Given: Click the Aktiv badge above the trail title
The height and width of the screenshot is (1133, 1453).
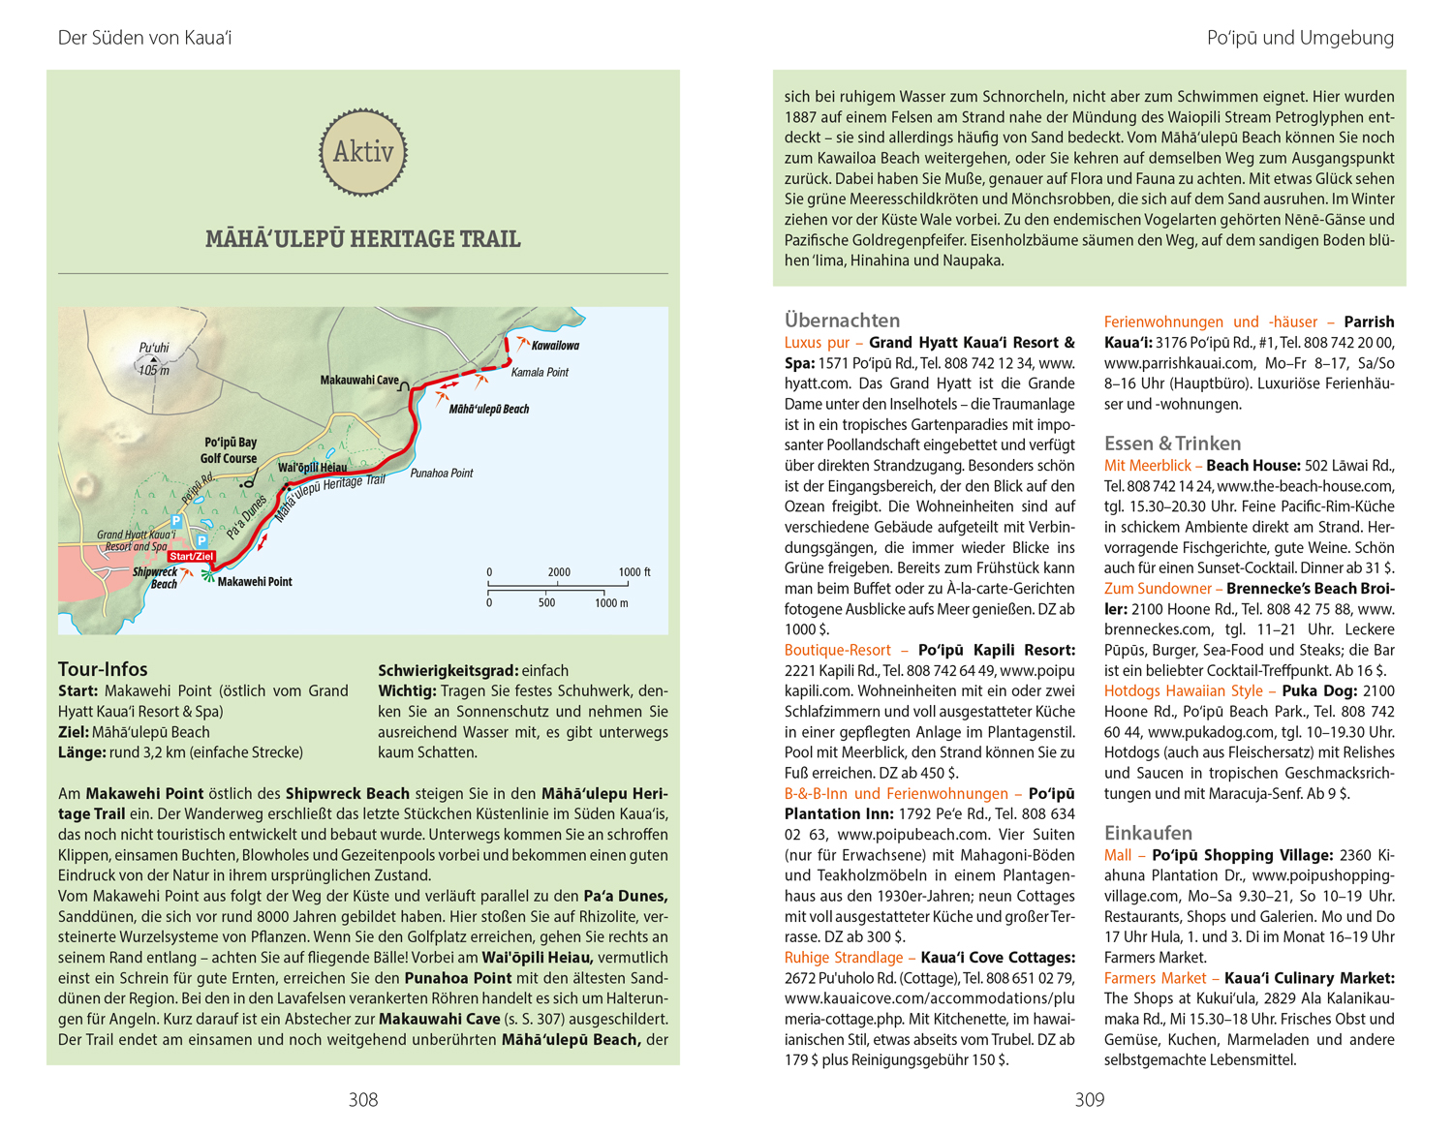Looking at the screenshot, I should click(363, 152).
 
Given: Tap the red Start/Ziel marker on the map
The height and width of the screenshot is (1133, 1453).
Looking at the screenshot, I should click(191, 557).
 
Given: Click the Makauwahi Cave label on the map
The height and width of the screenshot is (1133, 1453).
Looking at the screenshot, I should click(359, 381).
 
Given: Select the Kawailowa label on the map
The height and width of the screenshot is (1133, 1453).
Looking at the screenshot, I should click(555, 346).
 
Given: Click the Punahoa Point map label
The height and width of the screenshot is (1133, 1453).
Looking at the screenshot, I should click(442, 474).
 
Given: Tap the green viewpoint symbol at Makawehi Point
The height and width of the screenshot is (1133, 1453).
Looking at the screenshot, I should click(206, 576).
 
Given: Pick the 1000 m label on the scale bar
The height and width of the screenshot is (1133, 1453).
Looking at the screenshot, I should click(611, 603).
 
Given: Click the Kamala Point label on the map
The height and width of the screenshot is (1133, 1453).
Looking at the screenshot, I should click(540, 372).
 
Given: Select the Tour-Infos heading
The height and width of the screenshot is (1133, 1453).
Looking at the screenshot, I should click(103, 669).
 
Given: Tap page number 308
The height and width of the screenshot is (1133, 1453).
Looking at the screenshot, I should click(363, 1100).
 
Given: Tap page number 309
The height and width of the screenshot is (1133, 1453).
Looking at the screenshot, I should click(1090, 1100).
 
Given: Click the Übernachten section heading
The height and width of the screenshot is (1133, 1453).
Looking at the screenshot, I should click(842, 320).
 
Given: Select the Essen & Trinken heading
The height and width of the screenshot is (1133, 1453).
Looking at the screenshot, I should click(1172, 444).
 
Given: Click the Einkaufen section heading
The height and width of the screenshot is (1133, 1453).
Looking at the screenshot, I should click(1148, 833).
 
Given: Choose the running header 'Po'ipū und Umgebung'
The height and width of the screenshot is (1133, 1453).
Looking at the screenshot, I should click(1300, 38).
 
